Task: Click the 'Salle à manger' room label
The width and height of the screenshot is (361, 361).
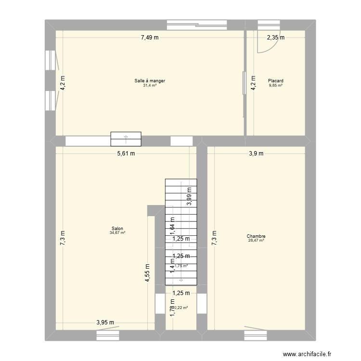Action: (x=150, y=81)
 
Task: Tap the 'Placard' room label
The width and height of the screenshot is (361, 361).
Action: (x=276, y=81)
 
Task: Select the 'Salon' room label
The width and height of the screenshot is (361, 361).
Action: (x=117, y=229)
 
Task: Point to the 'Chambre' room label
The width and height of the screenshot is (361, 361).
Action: (x=256, y=236)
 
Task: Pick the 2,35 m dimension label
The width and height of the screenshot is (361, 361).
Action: (x=276, y=37)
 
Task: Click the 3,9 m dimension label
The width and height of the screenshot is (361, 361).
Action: (x=256, y=154)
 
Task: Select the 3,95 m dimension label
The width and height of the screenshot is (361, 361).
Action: (x=105, y=323)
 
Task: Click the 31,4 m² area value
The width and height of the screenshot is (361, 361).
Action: (x=150, y=86)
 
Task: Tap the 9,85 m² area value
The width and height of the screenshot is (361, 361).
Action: (x=276, y=86)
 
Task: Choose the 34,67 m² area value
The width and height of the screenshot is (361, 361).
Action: (x=117, y=233)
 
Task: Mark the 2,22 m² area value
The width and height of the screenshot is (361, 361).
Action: (x=181, y=308)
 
